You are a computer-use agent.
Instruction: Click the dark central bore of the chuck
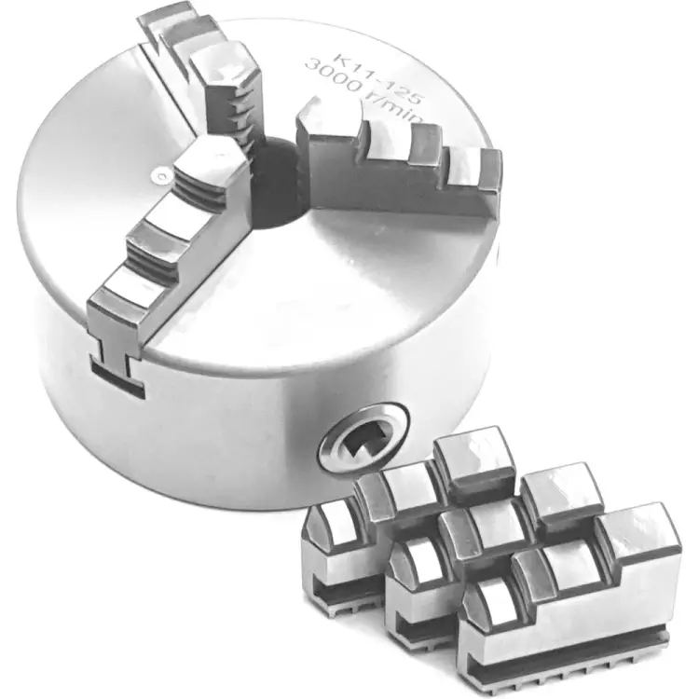(277, 182)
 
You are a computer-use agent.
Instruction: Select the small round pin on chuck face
(160, 176)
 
